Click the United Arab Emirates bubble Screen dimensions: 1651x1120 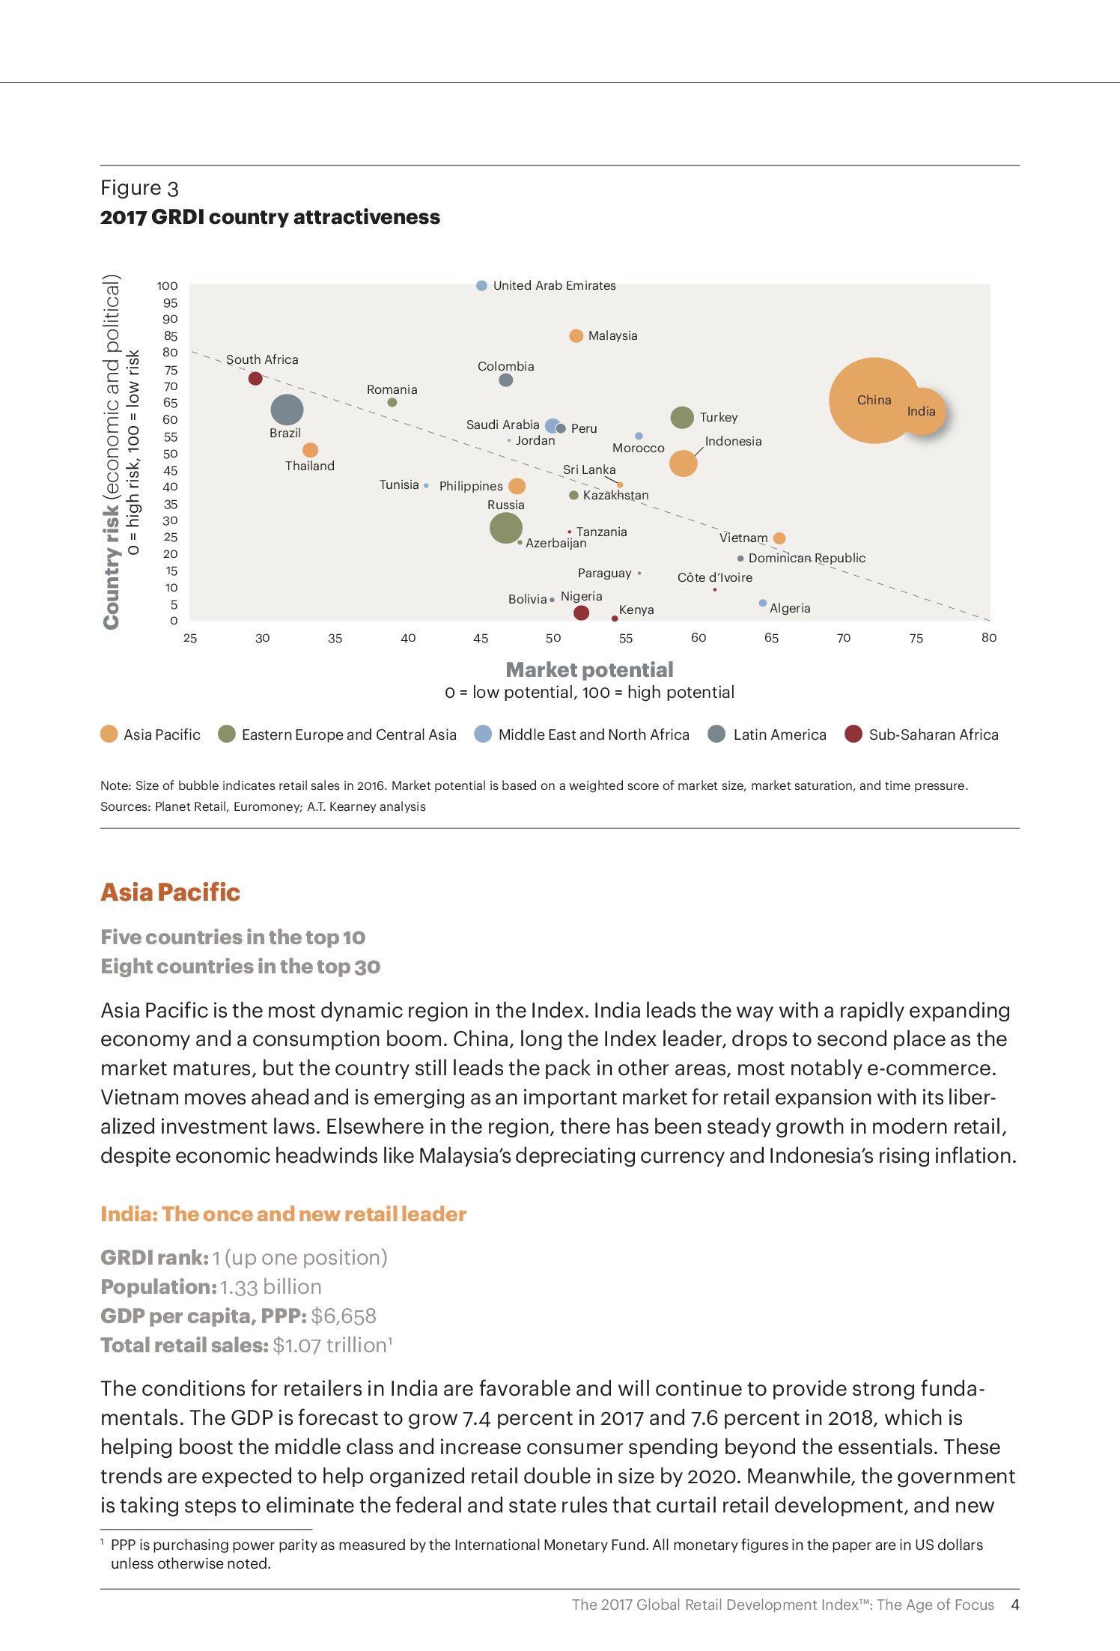(x=481, y=285)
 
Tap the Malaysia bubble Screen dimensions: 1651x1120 (x=576, y=335)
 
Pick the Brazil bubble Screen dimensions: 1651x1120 (x=287, y=410)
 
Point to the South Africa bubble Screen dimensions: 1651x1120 (x=255, y=378)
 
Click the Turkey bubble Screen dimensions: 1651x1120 (x=682, y=417)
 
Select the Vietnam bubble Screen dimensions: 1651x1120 (x=779, y=538)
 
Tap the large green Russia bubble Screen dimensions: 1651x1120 (x=506, y=527)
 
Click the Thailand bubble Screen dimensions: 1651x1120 (x=310, y=450)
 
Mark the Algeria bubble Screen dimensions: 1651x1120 (x=763, y=603)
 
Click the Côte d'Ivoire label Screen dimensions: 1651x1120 (x=715, y=577)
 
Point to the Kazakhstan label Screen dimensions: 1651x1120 (x=615, y=495)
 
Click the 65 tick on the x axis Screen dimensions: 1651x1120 (x=771, y=638)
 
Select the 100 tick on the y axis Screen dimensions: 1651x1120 (x=167, y=286)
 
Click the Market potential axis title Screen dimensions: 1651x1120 (x=589, y=669)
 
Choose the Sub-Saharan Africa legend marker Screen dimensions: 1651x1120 (x=853, y=734)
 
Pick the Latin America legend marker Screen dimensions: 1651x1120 (x=716, y=734)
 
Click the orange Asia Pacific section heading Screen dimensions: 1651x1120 (x=171, y=892)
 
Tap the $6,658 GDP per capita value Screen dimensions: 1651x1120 (x=343, y=1316)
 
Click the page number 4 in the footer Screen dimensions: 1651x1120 (x=1014, y=1605)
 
